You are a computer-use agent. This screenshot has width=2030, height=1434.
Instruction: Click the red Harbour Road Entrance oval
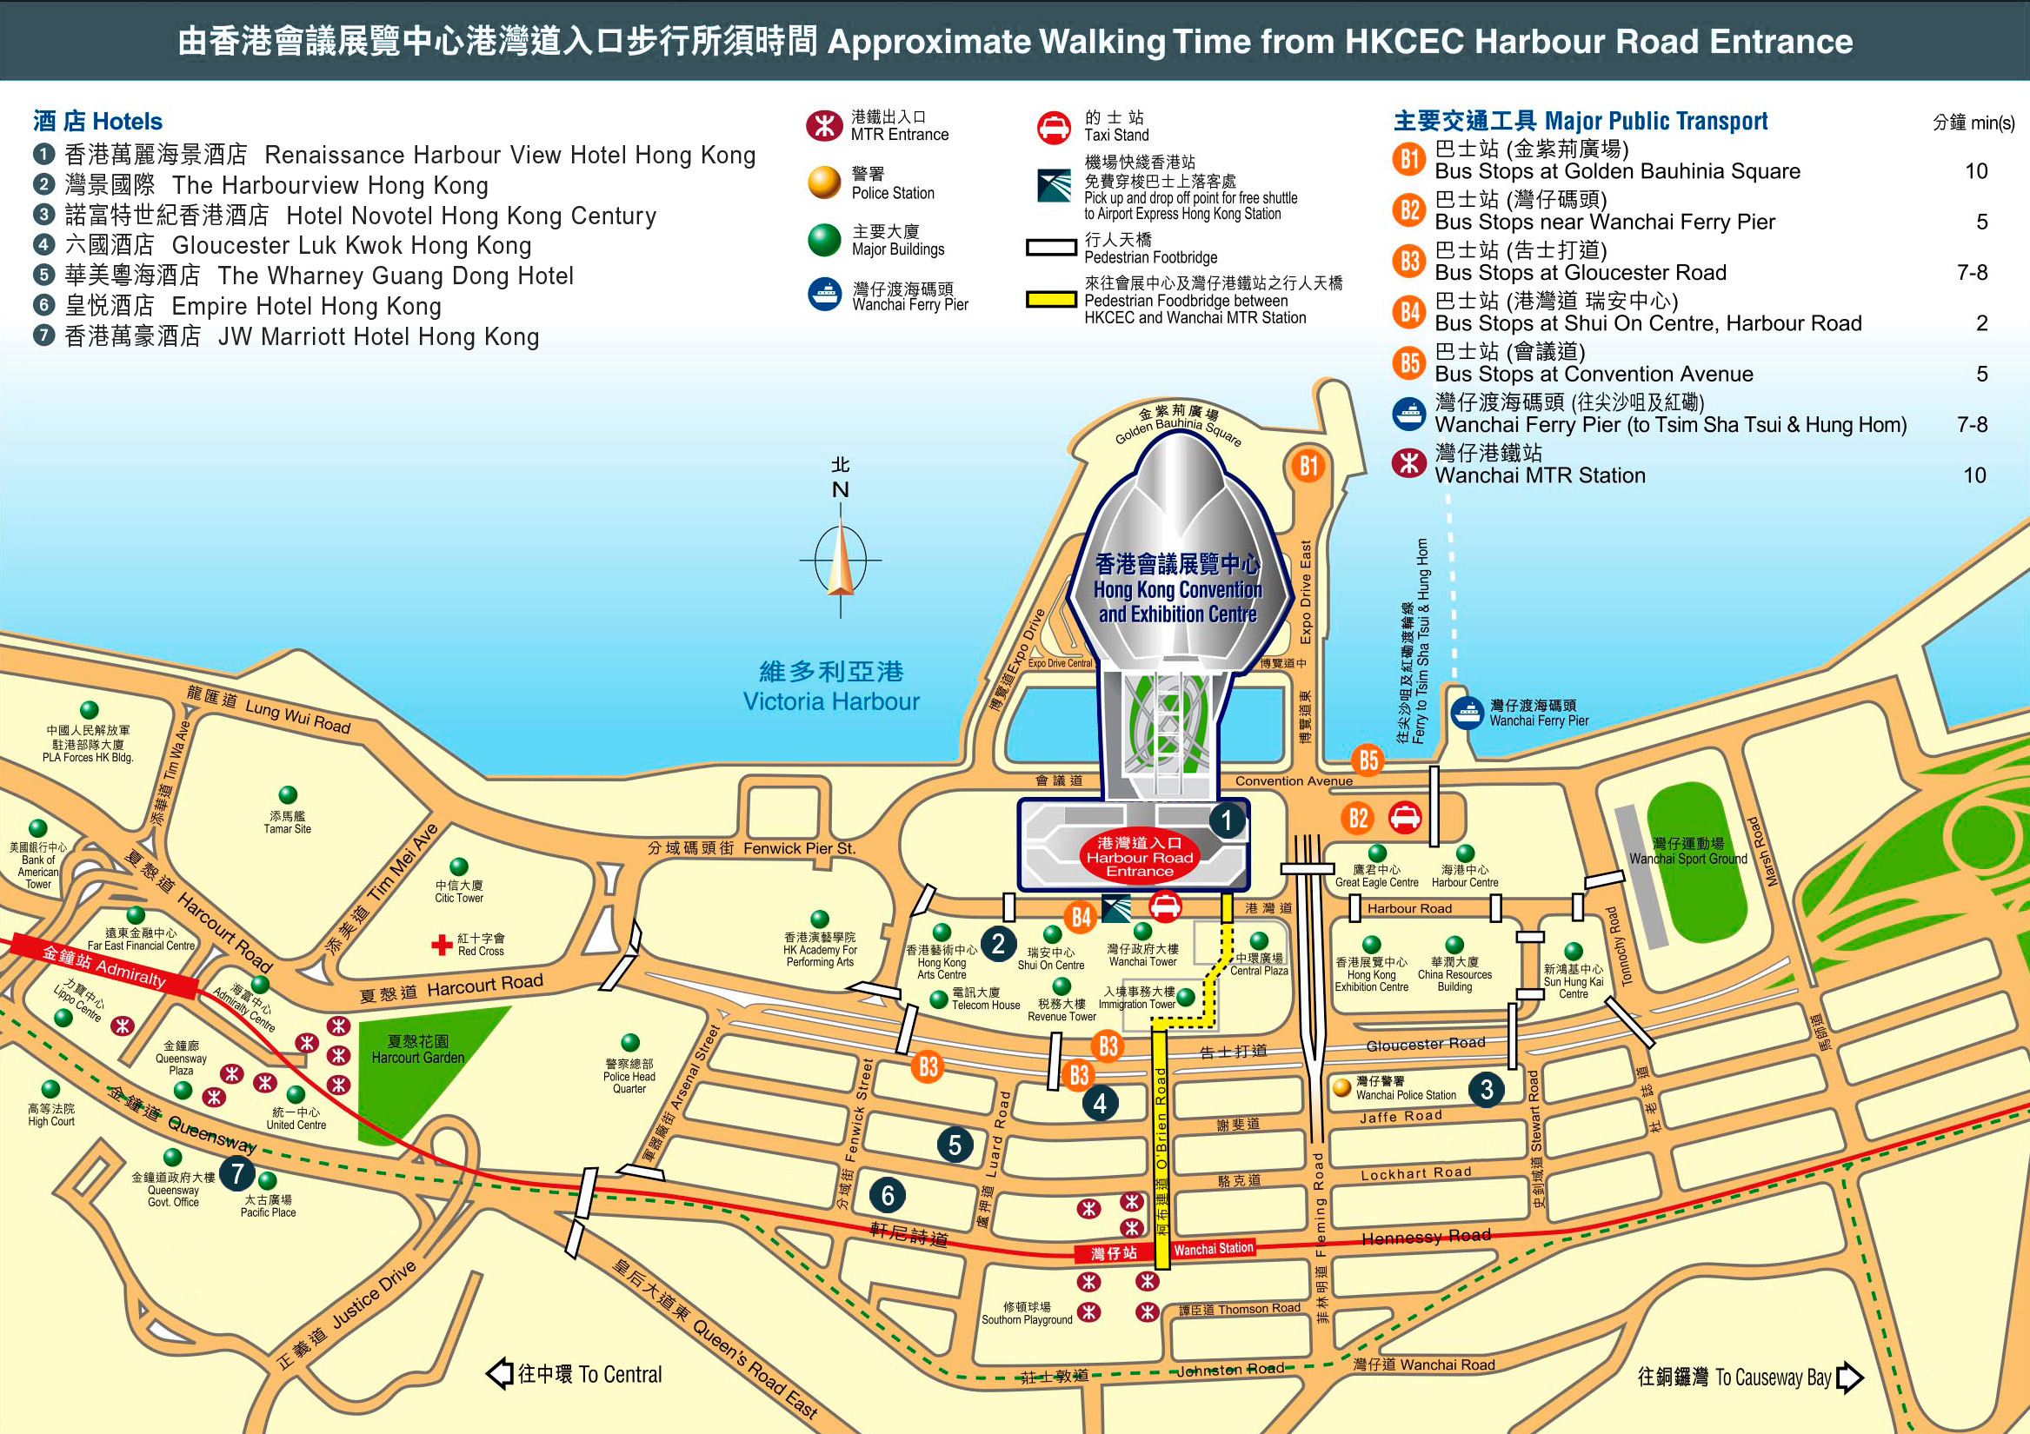(1139, 858)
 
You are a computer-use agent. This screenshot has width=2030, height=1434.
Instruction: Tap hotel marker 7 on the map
(236, 1173)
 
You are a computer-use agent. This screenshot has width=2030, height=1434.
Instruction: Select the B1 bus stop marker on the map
(1308, 466)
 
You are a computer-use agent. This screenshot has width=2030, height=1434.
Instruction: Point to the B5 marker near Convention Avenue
(1368, 760)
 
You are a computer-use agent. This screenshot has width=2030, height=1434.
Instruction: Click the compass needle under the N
(840, 561)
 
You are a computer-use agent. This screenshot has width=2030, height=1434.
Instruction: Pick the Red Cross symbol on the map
(441, 945)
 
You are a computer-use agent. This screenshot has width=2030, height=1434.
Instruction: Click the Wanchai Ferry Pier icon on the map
(1468, 712)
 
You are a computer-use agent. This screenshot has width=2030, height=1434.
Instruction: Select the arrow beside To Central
(501, 1374)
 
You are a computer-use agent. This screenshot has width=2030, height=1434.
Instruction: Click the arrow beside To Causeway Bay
(1850, 1378)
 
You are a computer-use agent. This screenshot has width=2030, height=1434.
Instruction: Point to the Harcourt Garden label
(417, 1049)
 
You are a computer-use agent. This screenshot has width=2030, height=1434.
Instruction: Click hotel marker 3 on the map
(1487, 1089)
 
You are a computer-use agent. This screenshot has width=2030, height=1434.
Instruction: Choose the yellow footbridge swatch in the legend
(1050, 300)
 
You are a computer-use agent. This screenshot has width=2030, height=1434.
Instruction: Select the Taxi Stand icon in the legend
(1054, 127)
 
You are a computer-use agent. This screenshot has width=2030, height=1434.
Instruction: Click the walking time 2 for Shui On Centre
(1981, 323)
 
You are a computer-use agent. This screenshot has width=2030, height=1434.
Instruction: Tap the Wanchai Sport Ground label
(1687, 852)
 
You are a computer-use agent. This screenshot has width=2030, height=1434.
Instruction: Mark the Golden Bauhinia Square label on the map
(1178, 425)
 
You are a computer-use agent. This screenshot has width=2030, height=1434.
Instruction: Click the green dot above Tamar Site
(289, 795)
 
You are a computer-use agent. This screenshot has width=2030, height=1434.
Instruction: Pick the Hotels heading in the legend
(98, 121)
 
